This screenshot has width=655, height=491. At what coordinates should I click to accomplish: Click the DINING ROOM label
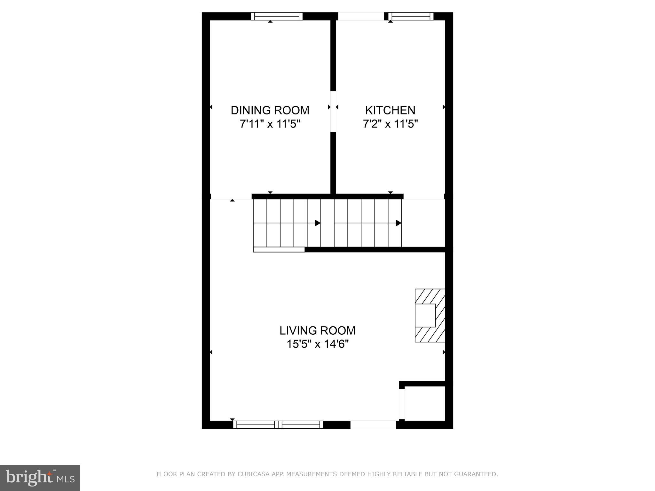coord(270,110)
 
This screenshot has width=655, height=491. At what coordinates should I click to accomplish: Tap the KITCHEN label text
coord(390,110)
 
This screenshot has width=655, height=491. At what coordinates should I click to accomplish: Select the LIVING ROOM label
coord(317,331)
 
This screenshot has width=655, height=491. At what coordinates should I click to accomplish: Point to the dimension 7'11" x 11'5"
coord(270,124)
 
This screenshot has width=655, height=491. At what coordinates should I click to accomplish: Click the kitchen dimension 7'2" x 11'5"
coord(390,124)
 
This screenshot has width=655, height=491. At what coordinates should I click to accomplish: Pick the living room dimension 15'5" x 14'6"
coord(317,344)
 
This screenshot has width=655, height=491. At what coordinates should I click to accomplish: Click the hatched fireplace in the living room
coord(430,315)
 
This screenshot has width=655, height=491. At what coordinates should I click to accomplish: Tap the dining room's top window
coord(277,16)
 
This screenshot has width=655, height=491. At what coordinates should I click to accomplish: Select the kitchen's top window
coord(411,16)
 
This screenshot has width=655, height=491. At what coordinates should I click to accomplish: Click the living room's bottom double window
coord(278,425)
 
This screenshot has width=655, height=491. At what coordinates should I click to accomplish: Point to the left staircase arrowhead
coord(318,223)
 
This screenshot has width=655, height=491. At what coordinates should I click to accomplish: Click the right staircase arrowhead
coord(399,223)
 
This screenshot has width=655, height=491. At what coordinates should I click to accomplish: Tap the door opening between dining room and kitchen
coord(333,111)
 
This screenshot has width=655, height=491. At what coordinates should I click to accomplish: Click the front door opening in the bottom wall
coord(373,425)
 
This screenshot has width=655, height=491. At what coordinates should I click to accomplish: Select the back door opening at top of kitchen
coord(361,16)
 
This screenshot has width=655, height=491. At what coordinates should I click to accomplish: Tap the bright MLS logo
coord(40,478)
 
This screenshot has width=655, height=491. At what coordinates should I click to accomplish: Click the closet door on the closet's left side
coord(402,403)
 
